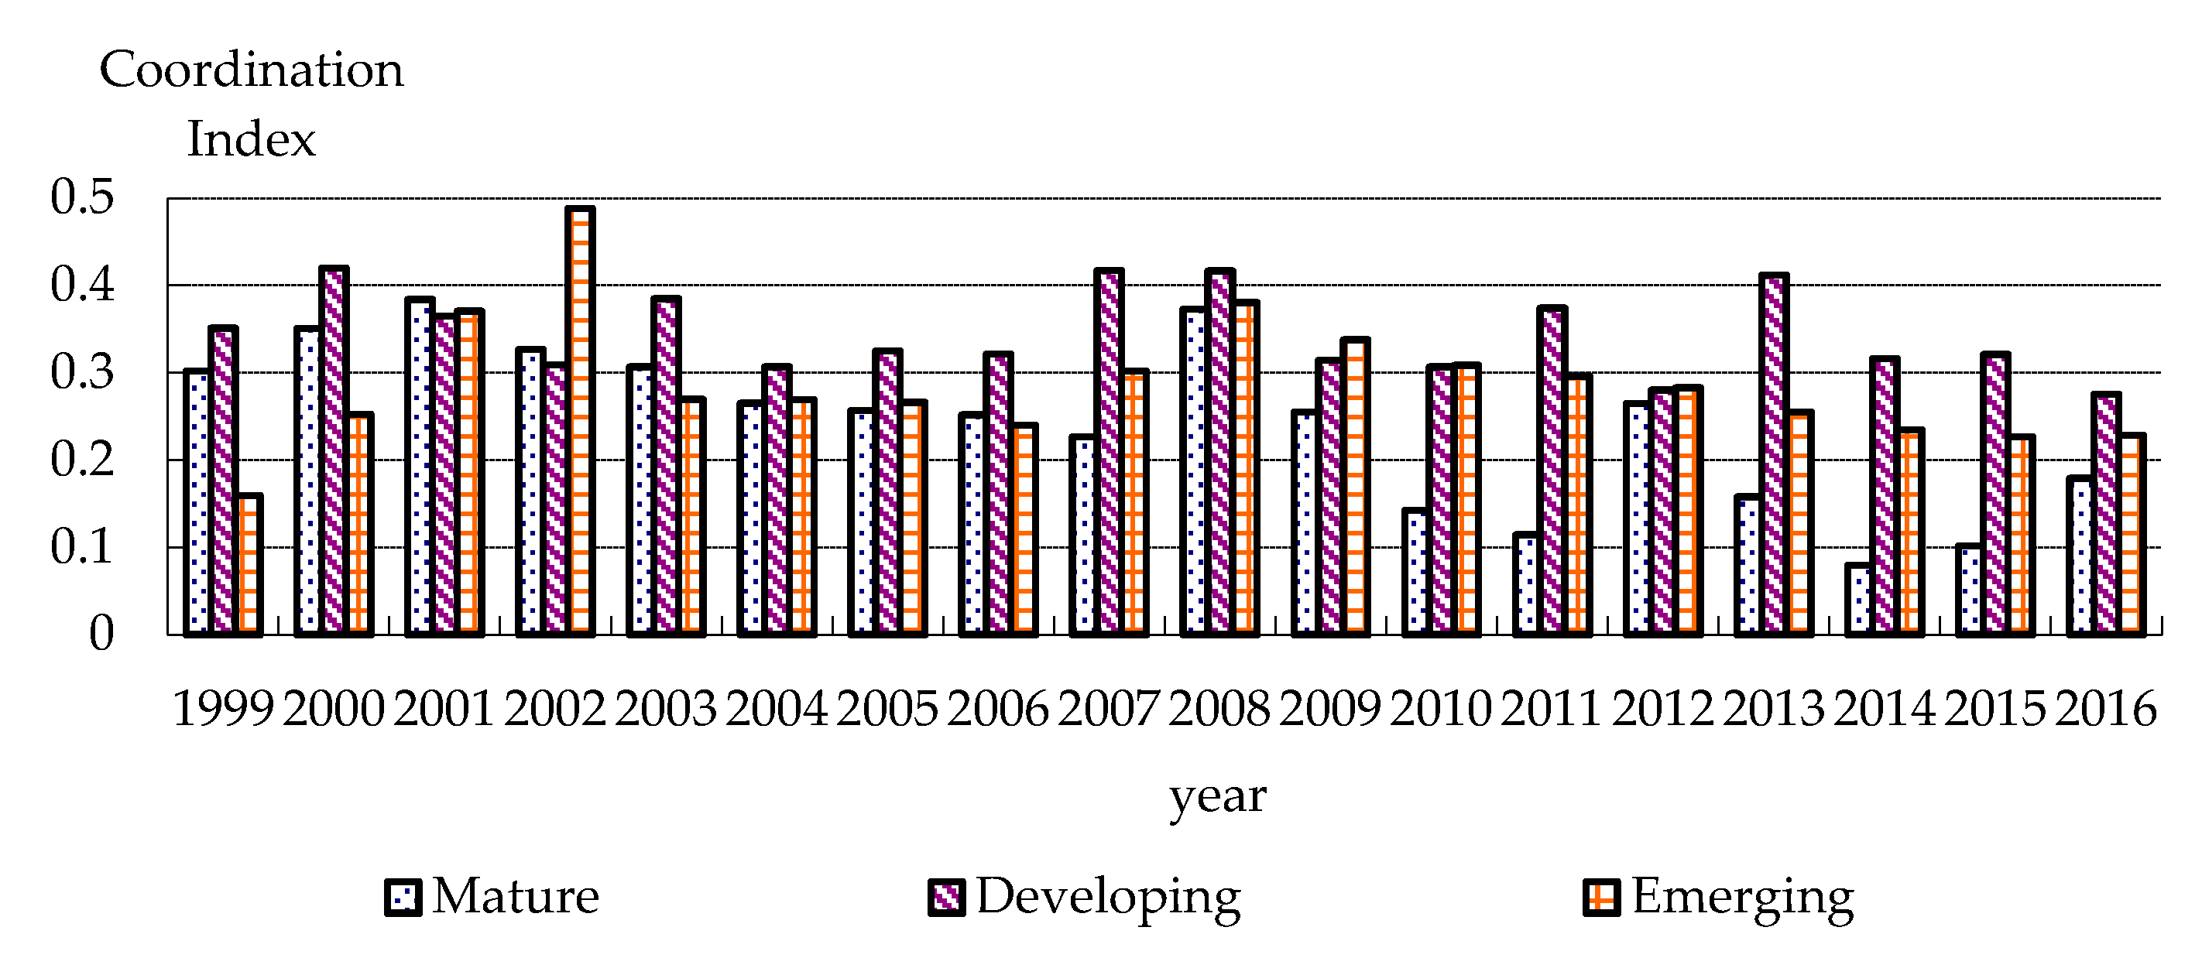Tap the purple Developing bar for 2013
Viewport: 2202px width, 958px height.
click(1774, 455)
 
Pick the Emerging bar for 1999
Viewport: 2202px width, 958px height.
click(249, 565)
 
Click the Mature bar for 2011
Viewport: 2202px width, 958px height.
click(1527, 584)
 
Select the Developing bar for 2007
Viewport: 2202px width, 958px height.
click(1109, 452)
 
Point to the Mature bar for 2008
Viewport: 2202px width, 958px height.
click(1194, 472)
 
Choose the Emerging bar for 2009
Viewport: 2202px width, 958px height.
click(1356, 487)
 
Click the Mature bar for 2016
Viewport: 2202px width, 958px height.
click(2080, 556)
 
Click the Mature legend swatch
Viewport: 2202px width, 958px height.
click(403, 898)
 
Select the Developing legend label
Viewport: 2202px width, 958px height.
click(1108, 898)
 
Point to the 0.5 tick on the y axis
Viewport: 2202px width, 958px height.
click(82, 197)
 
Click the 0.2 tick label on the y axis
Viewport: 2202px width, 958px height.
click(82, 460)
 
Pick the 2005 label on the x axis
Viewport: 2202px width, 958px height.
click(887, 710)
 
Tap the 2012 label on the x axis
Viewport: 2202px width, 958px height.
click(1662, 710)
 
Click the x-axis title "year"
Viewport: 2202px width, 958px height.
click(1217, 796)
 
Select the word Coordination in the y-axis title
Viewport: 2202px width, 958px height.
click(252, 70)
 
